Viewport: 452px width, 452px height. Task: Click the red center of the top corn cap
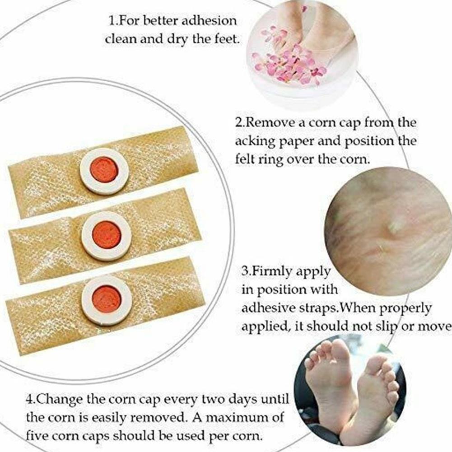tap(104, 170)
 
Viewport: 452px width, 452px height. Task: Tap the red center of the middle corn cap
tap(107, 235)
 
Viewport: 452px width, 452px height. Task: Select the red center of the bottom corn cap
tap(107, 299)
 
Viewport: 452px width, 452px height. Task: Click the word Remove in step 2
tap(270, 123)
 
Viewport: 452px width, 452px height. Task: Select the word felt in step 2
tap(244, 159)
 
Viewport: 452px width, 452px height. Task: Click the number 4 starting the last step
tap(29, 400)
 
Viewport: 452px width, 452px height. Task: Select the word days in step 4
tap(243, 400)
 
